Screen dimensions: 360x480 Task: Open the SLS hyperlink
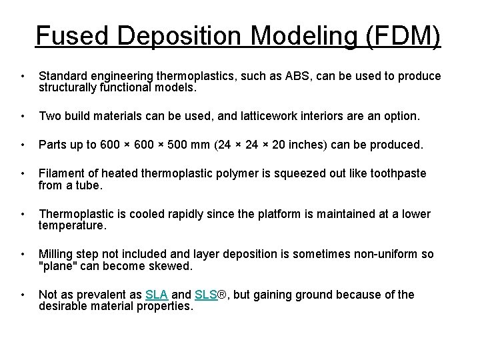[207, 295]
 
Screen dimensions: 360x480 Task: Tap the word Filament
[59, 174]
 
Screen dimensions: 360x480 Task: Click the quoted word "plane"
[58, 267]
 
